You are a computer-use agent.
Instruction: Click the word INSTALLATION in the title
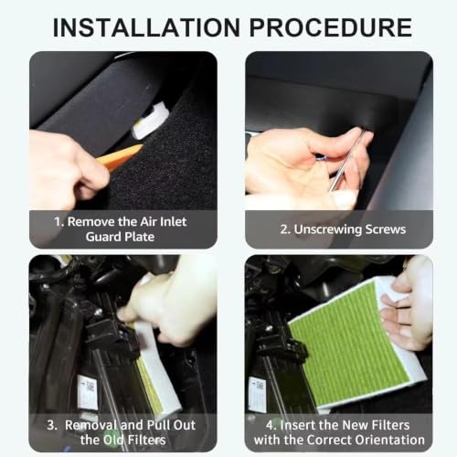click(x=146, y=27)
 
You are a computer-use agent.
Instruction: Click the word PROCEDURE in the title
click(x=331, y=27)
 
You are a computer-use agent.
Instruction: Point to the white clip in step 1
click(x=151, y=122)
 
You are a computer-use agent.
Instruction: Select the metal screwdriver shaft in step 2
click(x=347, y=161)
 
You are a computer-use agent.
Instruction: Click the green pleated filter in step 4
click(x=350, y=341)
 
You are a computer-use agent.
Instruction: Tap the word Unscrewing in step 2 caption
click(x=328, y=229)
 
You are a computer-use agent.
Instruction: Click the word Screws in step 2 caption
click(x=386, y=229)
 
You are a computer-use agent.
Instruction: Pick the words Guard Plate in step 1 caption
click(x=120, y=237)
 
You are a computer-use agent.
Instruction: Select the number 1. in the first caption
click(x=59, y=222)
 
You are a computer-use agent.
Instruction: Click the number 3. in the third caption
click(x=52, y=425)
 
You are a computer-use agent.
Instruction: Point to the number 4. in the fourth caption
click(x=271, y=425)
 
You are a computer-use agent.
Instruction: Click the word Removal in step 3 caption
click(x=90, y=425)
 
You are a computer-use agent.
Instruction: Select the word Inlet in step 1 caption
click(x=173, y=222)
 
